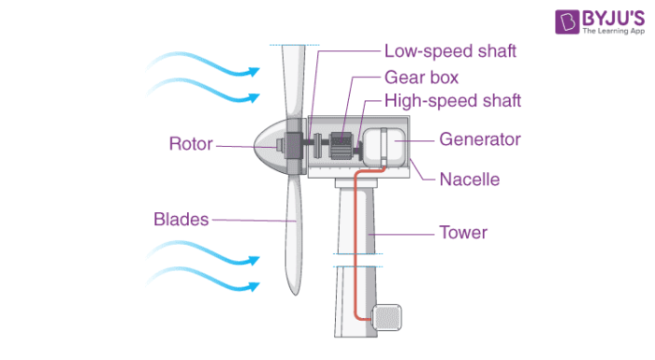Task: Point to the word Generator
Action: pyautogui.click(x=479, y=140)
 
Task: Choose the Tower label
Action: pyautogui.click(x=463, y=232)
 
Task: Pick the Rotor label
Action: pyautogui.click(x=190, y=144)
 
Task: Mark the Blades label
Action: pyautogui.click(x=181, y=220)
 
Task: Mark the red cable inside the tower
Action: pyautogui.click(x=357, y=243)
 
